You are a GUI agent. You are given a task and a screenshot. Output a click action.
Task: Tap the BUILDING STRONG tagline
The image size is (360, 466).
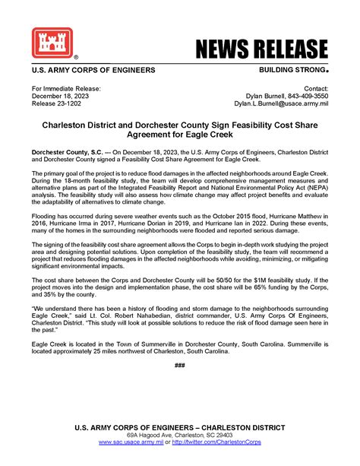tap(289, 70)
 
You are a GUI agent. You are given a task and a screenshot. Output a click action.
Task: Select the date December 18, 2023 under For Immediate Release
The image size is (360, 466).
tap(65, 95)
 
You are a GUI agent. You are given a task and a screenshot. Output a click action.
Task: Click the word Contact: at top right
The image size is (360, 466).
tap(315, 87)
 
